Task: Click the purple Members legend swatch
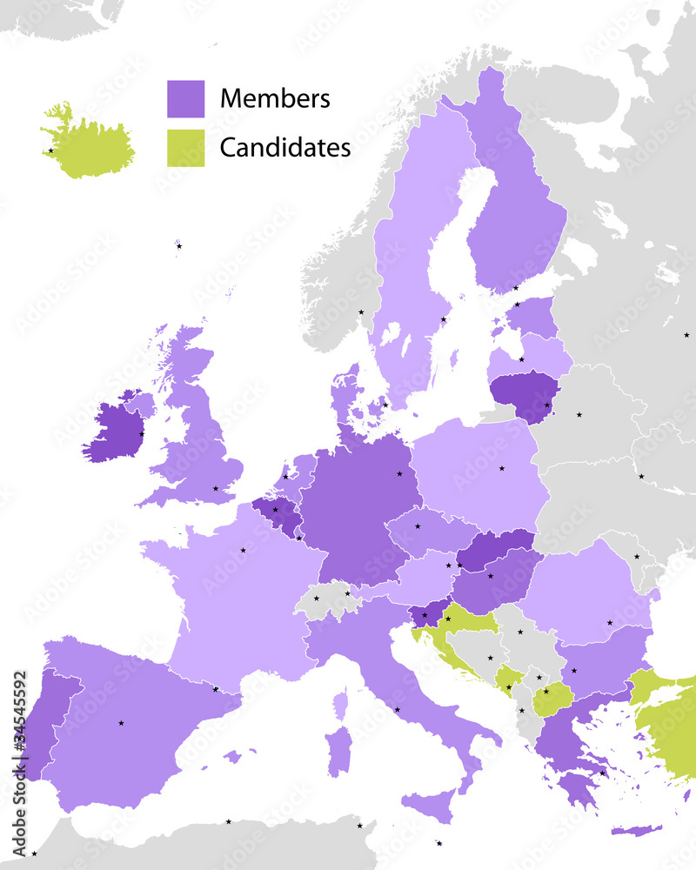185,99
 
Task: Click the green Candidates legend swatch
185,148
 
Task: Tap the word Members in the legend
275,98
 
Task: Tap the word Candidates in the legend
284,148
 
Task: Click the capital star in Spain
121,723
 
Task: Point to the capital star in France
243,550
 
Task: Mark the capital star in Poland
501,469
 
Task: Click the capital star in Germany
399,474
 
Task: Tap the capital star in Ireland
142,433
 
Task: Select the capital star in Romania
610,623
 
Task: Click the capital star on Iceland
50,151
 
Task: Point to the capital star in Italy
397,709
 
